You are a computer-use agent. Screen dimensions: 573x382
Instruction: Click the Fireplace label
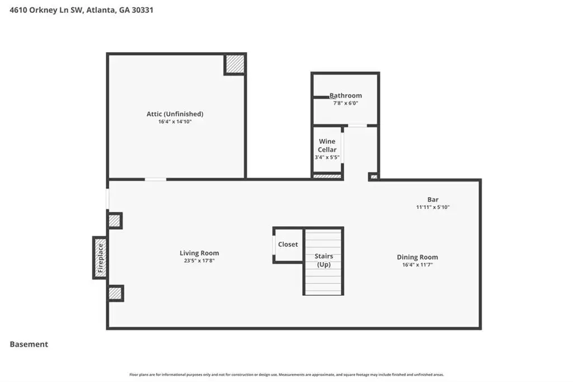[101, 258]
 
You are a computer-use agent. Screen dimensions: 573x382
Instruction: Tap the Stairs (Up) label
[324, 260]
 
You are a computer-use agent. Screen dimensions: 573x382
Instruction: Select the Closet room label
[288, 244]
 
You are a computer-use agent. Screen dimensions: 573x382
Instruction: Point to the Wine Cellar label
[327, 145]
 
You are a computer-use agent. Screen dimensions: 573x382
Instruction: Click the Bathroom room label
[346, 95]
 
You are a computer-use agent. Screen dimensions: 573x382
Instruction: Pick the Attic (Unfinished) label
[175, 114]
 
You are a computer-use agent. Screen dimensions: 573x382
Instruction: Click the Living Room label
[199, 253]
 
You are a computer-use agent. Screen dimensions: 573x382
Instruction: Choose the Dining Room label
[417, 257]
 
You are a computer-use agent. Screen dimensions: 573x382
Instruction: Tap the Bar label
[433, 199]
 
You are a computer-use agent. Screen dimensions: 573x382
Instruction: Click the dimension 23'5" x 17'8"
[199, 261]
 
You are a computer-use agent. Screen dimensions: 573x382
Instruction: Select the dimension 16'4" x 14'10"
[175, 122]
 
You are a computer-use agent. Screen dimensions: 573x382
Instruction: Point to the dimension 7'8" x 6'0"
[346, 103]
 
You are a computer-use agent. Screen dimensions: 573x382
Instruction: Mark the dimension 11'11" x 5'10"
[433, 207]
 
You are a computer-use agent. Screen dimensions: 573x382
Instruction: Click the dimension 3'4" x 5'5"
[327, 157]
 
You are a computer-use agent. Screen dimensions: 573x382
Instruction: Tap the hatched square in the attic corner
[234, 64]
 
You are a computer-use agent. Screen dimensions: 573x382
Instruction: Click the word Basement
[29, 344]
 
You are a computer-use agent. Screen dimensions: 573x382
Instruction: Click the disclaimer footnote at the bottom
[286, 375]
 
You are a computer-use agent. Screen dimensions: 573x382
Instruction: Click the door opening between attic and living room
[156, 179]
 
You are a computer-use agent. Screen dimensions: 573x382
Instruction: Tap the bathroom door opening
[358, 125]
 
